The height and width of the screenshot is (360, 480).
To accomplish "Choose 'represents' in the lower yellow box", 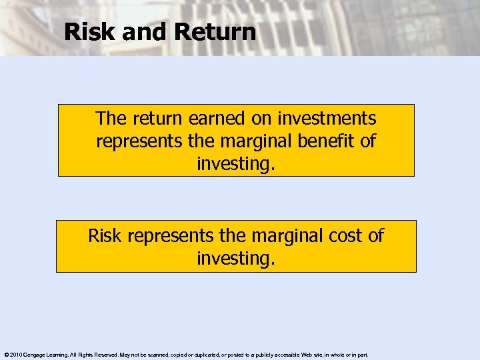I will click(x=176, y=235).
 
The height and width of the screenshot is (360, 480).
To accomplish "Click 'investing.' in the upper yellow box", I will click(x=235, y=163).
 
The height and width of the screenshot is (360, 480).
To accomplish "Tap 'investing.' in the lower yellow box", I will click(x=235, y=257).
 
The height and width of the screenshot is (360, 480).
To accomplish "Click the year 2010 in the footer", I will click(x=14, y=355).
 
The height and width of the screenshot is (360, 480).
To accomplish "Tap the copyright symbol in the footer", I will click(x=5, y=355).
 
